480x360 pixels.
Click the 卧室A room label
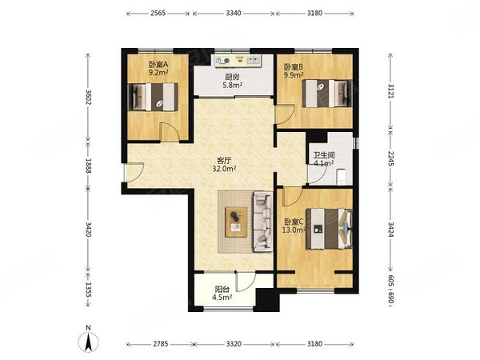click(159, 65)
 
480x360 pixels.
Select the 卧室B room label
click(294, 66)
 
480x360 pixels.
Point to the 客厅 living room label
click(224, 160)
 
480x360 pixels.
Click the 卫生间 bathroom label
click(323, 155)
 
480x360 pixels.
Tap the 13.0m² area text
click(294, 230)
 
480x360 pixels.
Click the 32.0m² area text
click(224, 168)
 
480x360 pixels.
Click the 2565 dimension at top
click(158, 13)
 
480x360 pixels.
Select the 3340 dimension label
click(234, 13)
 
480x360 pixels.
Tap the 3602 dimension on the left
click(88, 97)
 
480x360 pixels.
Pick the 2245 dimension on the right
click(391, 158)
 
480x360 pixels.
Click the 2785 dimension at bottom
click(161, 344)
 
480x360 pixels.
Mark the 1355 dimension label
click(88, 290)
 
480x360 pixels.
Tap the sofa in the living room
click(262, 222)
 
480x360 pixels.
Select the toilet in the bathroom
click(341, 178)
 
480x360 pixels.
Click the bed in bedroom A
click(153, 97)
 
